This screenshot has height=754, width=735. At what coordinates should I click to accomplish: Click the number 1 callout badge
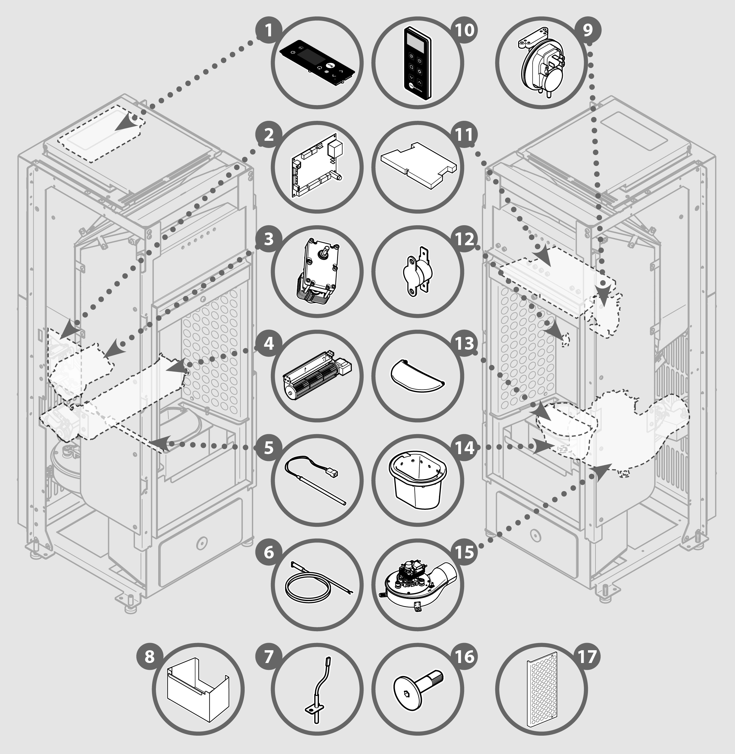(x=269, y=30)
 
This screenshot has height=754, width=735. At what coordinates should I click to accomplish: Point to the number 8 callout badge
(x=150, y=656)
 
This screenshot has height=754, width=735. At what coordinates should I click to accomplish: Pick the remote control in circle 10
(x=418, y=63)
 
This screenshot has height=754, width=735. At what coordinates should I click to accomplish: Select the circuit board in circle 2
(x=316, y=166)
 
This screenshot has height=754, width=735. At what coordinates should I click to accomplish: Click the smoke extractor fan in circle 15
(x=417, y=585)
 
